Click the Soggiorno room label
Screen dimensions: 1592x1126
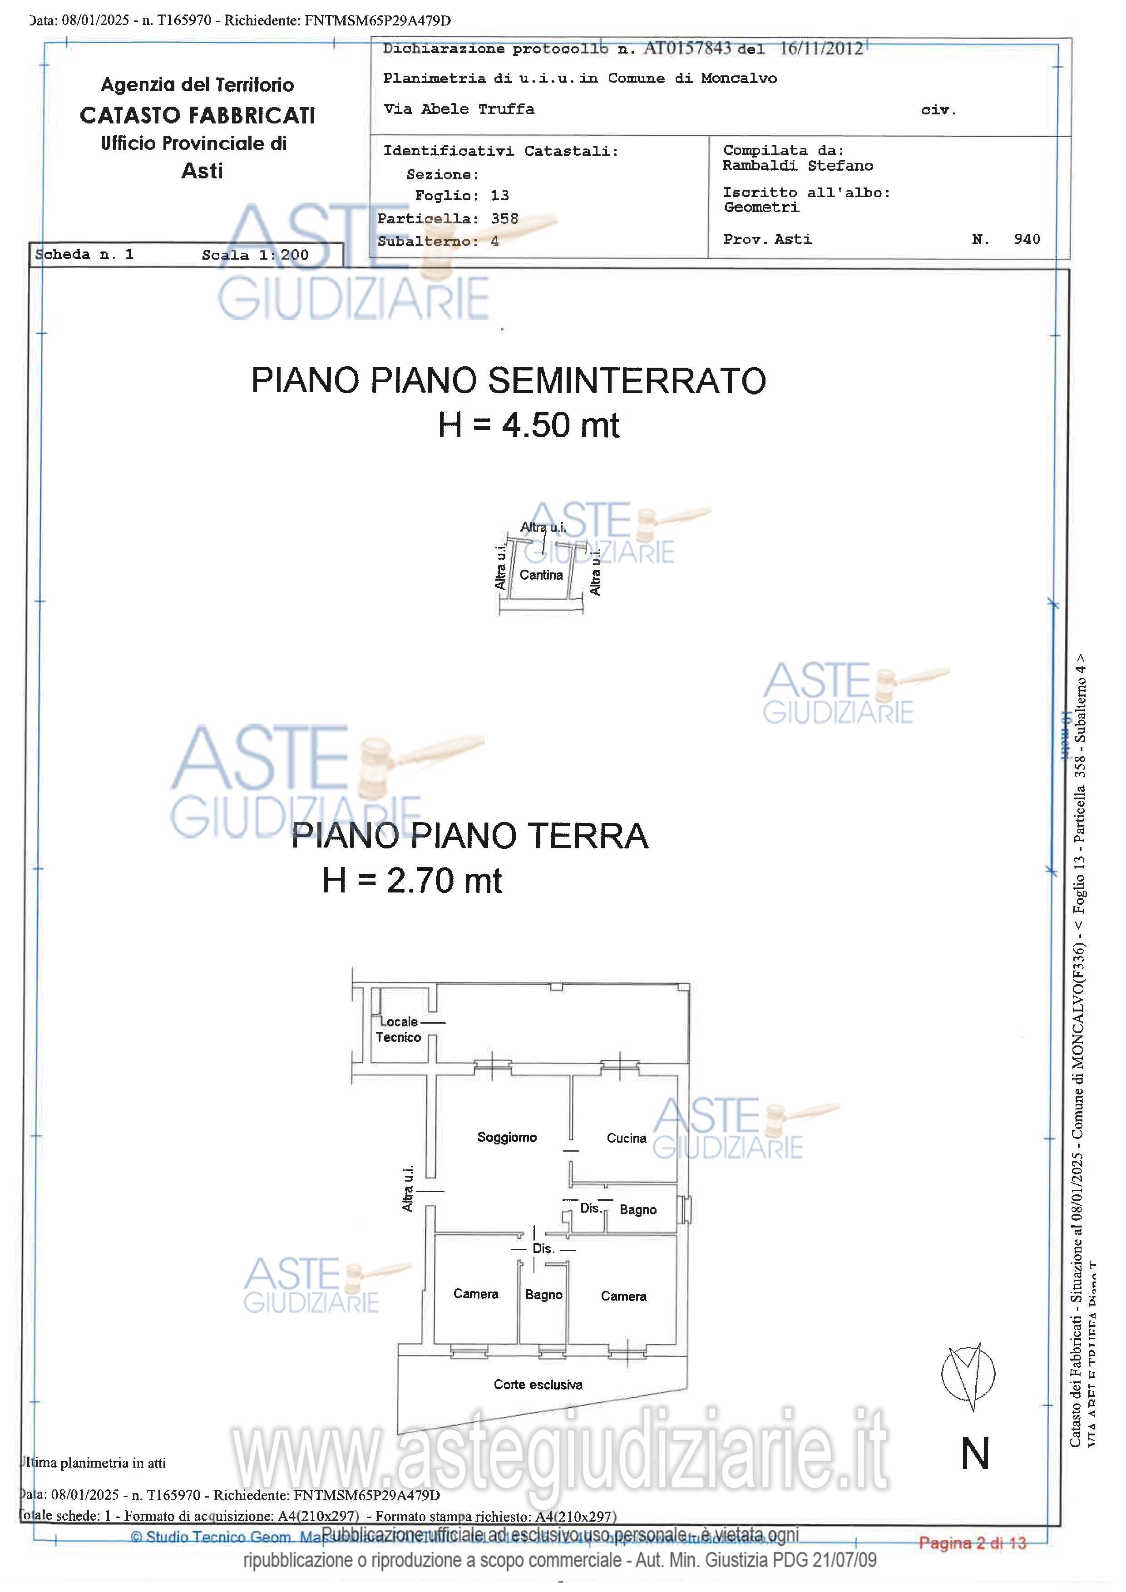[x=507, y=1137]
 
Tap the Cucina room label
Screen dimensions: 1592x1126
[x=626, y=1138]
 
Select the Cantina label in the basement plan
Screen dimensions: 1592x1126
[x=541, y=575]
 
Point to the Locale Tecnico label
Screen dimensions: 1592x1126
[x=398, y=1030]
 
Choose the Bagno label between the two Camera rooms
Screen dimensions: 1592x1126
[x=543, y=1295]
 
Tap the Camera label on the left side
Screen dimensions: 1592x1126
[x=476, y=1294]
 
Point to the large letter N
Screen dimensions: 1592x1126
[x=975, y=1454]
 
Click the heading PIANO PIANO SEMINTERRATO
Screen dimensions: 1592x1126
[x=508, y=381]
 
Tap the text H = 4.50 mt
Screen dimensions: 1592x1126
[x=528, y=425]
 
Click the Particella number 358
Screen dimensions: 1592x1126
[x=504, y=218]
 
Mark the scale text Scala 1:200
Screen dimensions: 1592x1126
[x=255, y=255]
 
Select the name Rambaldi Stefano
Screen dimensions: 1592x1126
[x=797, y=166]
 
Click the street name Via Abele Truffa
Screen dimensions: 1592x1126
[x=459, y=109]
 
